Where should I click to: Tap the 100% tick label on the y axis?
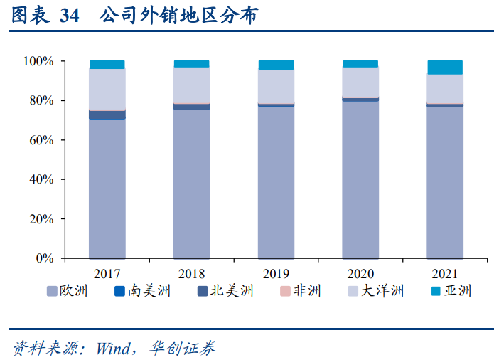coord(38,61)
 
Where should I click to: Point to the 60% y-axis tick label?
coord(41,140)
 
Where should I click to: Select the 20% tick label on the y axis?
coord(41,219)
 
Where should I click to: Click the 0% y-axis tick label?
coord(44,258)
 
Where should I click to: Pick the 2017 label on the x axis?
coord(107,273)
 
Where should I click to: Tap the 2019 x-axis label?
coord(276,273)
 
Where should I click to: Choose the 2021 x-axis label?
coord(445,273)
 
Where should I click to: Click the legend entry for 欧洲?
coord(68,290)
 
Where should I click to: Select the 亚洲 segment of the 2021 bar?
coord(445,68)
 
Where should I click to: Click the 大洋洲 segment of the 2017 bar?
coord(107,89)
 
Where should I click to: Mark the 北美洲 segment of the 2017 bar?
coord(107,115)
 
